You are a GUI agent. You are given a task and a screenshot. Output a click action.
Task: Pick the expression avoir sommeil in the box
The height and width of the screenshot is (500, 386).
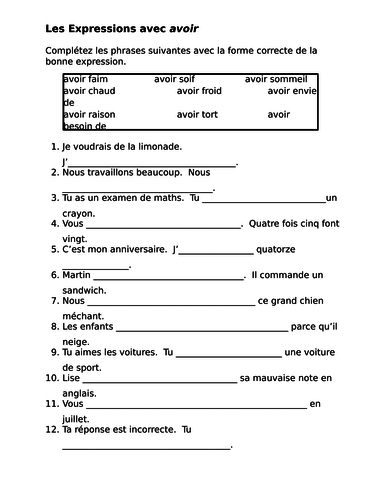pos(279,77)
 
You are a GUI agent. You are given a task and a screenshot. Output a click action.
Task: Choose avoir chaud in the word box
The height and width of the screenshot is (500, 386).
pos(89,90)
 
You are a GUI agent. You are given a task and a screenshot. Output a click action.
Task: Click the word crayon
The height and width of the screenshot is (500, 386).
pos(78,212)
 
